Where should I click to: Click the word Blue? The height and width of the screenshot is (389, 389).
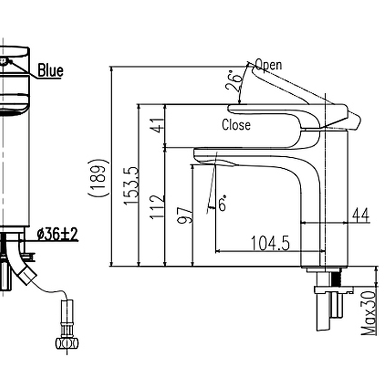click(50, 70)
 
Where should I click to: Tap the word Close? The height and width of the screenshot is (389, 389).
click(236, 125)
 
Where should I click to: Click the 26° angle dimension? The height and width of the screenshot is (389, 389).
click(234, 82)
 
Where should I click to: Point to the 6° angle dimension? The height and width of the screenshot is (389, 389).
click(222, 204)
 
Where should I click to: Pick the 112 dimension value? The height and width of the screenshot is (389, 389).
click(158, 207)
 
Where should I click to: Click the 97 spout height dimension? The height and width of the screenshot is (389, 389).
click(185, 215)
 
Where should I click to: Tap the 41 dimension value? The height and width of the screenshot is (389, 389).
click(158, 126)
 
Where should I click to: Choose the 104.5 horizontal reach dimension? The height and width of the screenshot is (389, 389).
click(271, 244)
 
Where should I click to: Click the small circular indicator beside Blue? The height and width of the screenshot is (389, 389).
click(4, 61)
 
